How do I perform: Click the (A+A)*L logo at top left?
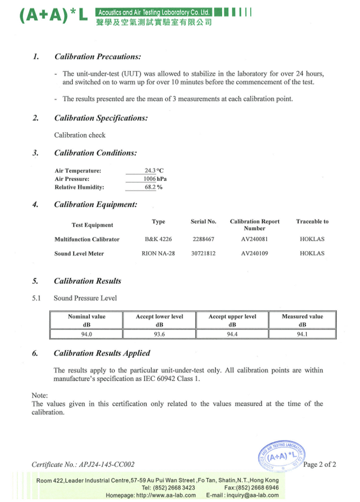[x=53, y=16]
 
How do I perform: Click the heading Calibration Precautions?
[x=97, y=57]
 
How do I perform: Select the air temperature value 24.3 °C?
[x=154, y=170]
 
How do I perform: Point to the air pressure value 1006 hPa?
[x=155, y=179]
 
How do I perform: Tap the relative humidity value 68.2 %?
[x=153, y=187]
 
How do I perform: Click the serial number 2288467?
[x=203, y=239]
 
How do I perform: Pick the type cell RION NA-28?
[x=158, y=253]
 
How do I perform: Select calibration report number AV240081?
[x=254, y=239]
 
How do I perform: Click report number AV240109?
[x=254, y=253]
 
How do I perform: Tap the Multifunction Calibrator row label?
[x=87, y=239]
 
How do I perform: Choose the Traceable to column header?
[x=312, y=222]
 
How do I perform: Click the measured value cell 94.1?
[x=302, y=334]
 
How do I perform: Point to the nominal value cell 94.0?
[x=86, y=334]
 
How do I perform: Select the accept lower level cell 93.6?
[x=159, y=334]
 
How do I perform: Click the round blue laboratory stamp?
[x=282, y=456]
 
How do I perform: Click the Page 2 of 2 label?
[x=319, y=464]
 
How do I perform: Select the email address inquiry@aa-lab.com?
[x=252, y=495]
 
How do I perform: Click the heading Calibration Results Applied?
[x=102, y=353]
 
